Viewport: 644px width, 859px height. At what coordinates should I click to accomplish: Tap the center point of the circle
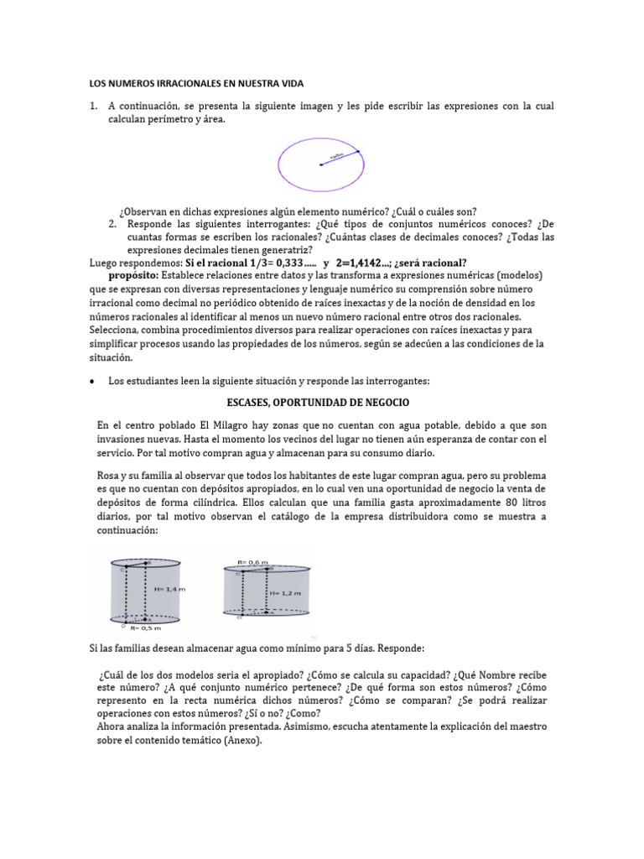[320, 164]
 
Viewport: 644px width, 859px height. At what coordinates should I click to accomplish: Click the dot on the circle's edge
[357, 152]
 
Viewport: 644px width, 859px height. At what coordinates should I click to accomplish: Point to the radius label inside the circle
[337, 155]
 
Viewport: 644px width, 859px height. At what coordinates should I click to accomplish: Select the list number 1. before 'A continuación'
[95, 107]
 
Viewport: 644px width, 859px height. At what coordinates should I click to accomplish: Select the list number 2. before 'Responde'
[112, 224]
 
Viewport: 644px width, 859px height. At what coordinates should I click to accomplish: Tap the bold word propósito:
[134, 275]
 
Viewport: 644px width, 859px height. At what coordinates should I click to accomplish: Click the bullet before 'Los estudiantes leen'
[91, 381]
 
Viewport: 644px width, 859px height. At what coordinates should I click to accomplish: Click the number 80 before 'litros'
[484, 502]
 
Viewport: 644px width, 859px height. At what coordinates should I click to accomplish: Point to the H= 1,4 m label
[169, 589]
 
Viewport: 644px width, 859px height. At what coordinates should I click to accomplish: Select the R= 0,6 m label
[253, 562]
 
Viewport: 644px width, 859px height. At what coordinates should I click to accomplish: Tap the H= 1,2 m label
[283, 592]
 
